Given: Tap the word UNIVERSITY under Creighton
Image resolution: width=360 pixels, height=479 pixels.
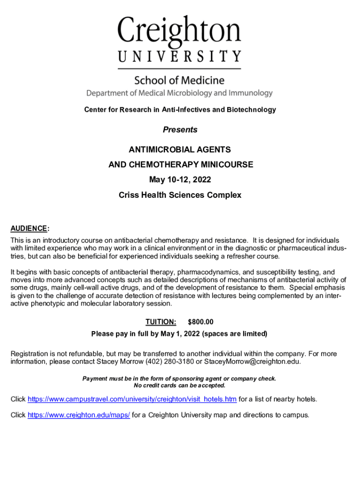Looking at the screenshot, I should [179, 57].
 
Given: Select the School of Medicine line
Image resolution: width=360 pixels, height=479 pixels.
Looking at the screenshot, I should [179, 80].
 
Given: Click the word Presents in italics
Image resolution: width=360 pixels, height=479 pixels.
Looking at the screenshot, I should [180, 130].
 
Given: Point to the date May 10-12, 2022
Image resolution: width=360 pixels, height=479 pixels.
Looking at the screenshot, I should [180, 180].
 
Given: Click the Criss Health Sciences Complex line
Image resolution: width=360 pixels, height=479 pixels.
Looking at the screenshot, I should [180, 195].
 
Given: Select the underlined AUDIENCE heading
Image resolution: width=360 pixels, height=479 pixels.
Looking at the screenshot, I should [29, 229].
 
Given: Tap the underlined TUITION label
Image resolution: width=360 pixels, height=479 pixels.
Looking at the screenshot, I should [161, 322].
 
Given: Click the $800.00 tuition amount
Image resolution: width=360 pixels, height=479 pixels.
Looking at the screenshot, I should [201, 322].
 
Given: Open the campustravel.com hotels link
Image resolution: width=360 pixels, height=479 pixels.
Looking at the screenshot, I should [132, 399].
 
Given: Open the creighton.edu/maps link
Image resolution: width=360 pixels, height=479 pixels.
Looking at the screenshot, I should [79, 415].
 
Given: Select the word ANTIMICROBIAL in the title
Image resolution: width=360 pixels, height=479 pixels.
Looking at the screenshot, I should [157, 150].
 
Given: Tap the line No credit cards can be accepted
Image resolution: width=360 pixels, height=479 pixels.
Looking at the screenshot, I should [180, 385].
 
